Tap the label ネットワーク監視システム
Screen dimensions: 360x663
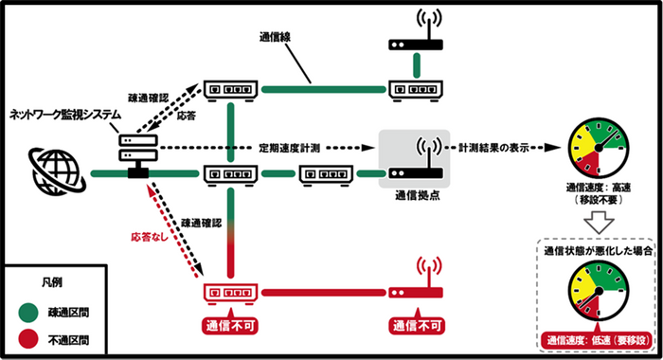pyautogui.click(x=65, y=114)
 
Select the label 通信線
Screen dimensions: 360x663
pyautogui.click(x=276, y=39)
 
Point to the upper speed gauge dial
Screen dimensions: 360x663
pyautogui.click(x=595, y=149)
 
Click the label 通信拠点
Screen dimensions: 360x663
pyautogui.click(x=417, y=193)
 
